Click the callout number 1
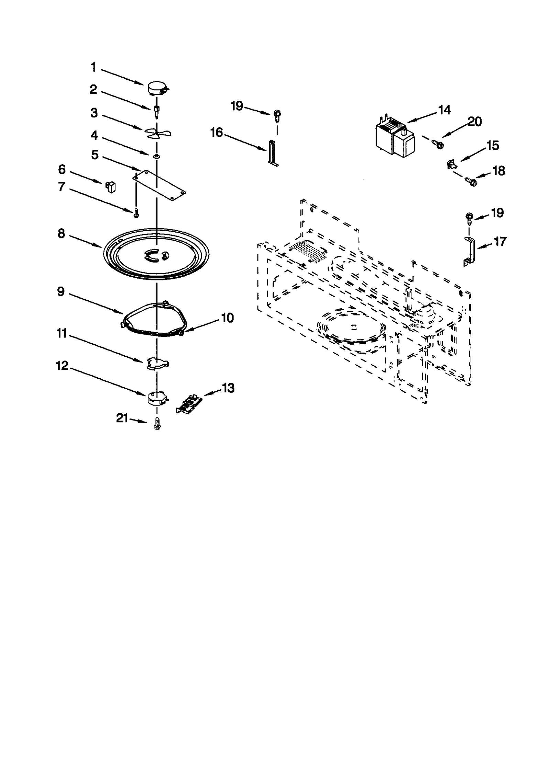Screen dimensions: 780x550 tap(93, 67)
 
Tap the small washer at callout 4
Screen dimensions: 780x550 tap(157, 156)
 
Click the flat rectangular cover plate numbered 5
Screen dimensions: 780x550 tap(159, 185)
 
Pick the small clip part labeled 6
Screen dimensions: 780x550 tap(110, 187)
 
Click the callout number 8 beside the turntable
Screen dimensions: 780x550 tap(61, 234)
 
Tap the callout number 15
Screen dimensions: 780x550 tap(492, 146)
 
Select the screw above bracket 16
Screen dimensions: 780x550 tap(277, 115)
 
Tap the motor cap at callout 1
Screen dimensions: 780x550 tap(157, 88)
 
